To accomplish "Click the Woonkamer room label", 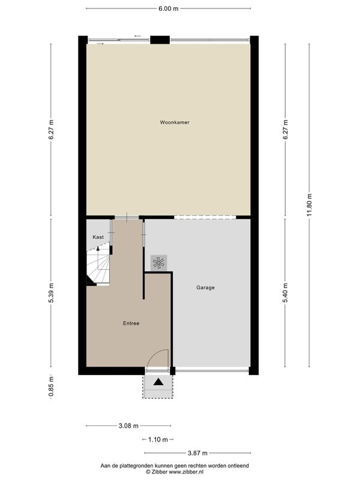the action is tap(175, 122).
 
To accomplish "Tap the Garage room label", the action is tap(205, 288).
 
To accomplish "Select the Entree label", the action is tap(131, 323).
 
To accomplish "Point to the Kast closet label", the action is tap(98, 237).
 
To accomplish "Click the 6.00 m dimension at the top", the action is tap(169, 8).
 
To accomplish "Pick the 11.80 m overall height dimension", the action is tap(309, 205).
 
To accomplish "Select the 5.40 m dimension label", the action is tap(286, 293).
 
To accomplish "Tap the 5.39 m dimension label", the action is tap(51, 293).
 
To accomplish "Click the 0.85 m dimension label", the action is tap(51, 386).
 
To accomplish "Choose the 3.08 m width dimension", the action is tap(128, 426).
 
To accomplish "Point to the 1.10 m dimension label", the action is tap(158, 440).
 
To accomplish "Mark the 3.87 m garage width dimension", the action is tap(197, 453).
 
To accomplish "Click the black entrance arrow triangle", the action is tap(158, 382).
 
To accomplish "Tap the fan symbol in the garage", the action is tap(158, 263).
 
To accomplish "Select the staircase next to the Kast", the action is tap(98, 264).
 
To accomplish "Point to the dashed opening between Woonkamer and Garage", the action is tap(205, 217).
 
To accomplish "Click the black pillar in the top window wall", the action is tap(160, 40).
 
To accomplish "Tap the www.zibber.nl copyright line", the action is tap(175, 472).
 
